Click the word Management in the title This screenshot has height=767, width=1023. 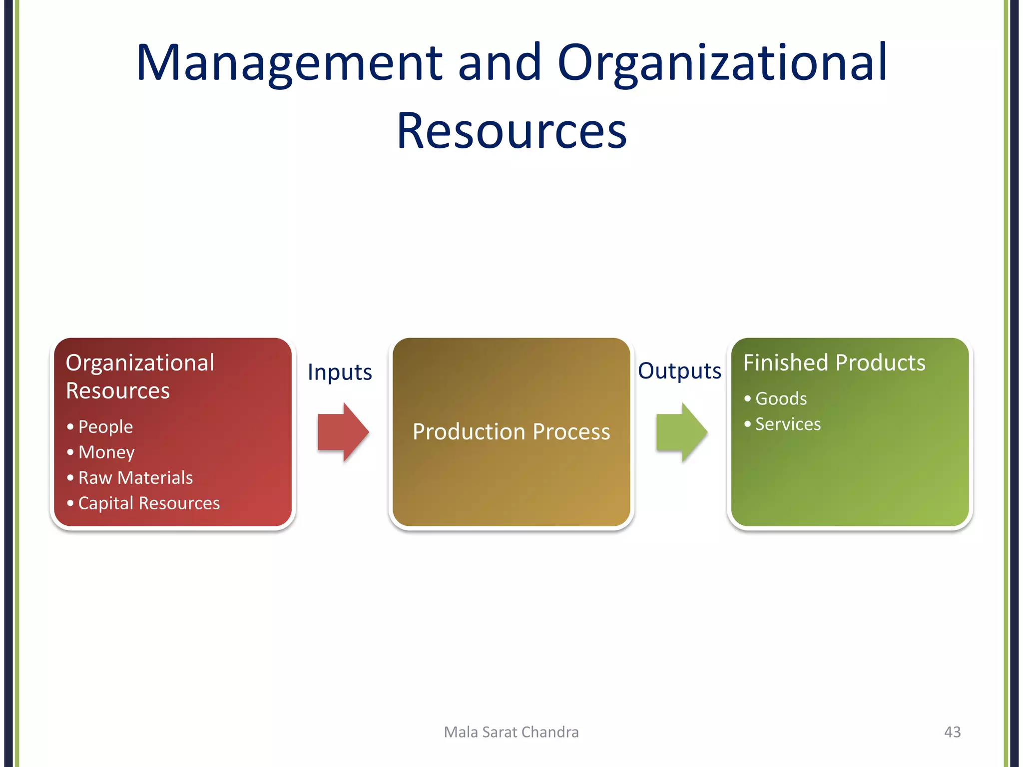(289, 63)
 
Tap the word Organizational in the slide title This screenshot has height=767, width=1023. (722, 63)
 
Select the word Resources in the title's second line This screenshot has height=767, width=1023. (511, 131)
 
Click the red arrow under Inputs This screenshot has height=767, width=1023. (343, 432)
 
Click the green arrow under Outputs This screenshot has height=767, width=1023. (681, 432)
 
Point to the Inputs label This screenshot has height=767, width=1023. (340, 373)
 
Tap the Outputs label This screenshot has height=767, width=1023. (679, 371)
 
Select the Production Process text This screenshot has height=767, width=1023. (511, 432)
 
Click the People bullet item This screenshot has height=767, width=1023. (105, 427)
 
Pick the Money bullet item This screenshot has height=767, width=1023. (106, 452)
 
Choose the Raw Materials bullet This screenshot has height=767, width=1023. (135, 478)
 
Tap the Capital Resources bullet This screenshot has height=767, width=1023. (149, 503)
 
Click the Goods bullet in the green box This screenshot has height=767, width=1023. (781, 399)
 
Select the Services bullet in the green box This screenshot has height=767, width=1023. (788, 424)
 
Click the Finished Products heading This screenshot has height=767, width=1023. (834, 363)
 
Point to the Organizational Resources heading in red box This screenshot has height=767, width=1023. (140, 376)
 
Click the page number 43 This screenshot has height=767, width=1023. (952, 732)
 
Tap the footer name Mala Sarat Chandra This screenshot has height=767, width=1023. (511, 732)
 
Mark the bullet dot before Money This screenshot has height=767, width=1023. (70, 452)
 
